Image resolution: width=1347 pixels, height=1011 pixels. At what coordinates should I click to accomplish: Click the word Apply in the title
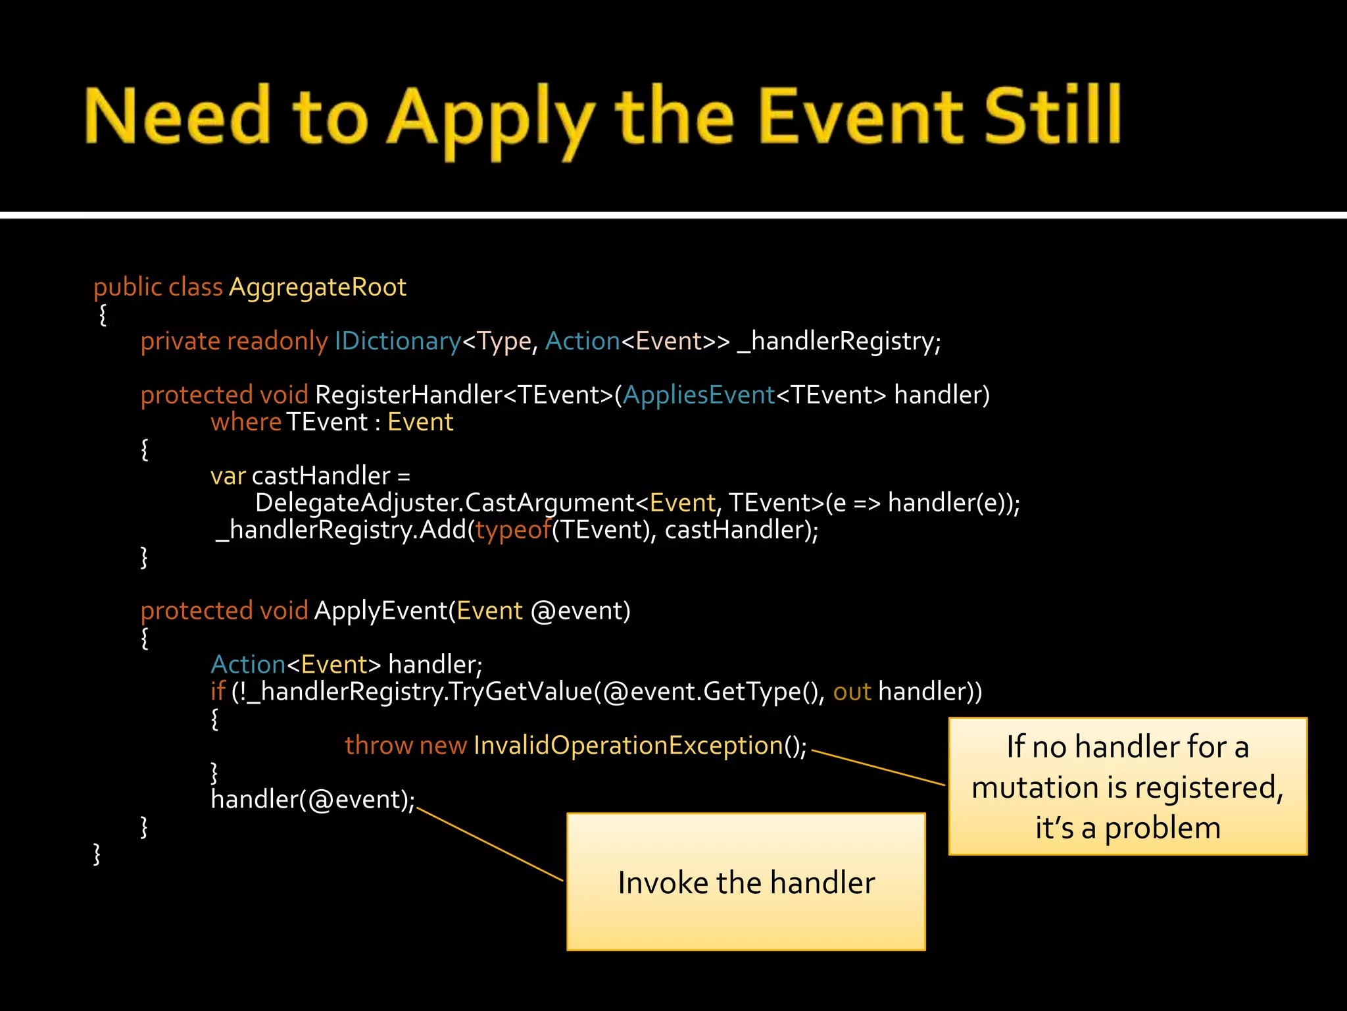coord(490,118)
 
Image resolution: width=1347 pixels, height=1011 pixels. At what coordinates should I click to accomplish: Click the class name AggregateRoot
coord(317,288)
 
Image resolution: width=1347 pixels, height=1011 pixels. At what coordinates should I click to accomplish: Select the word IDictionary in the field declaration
coord(398,342)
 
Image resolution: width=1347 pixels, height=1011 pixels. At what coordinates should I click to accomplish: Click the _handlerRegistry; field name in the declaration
coord(839,342)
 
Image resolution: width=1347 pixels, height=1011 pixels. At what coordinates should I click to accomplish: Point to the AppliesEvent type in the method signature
coord(698,395)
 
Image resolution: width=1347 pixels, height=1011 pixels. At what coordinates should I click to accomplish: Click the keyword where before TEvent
coord(245,422)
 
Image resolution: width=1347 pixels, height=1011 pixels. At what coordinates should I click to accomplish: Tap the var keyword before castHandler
coord(228,476)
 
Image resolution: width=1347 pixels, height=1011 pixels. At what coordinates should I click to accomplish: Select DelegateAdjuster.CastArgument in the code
coord(444,503)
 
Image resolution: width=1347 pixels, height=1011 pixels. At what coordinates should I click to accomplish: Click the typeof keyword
coord(513,530)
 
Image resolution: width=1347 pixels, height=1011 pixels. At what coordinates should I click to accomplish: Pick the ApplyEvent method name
coord(381,611)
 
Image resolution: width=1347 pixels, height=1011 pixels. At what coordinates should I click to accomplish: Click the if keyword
coord(218,692)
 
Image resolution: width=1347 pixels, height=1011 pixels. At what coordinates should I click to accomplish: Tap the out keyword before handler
coord(852,692)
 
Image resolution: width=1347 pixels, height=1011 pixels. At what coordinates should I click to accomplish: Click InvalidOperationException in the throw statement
coord(628,746)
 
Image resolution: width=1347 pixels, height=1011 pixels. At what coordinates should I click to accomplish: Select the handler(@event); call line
coord(312,800)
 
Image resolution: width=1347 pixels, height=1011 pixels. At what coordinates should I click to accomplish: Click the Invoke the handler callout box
coord(746,882)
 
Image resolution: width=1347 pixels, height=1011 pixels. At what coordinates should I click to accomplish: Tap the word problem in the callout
coord(1162,828)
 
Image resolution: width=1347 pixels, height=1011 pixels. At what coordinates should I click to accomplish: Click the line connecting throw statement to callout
coord(878,767)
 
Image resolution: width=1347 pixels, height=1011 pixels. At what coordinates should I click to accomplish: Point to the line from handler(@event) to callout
coord(490,845)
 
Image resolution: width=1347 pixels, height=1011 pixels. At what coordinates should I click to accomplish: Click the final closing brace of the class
coord(97,854)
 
